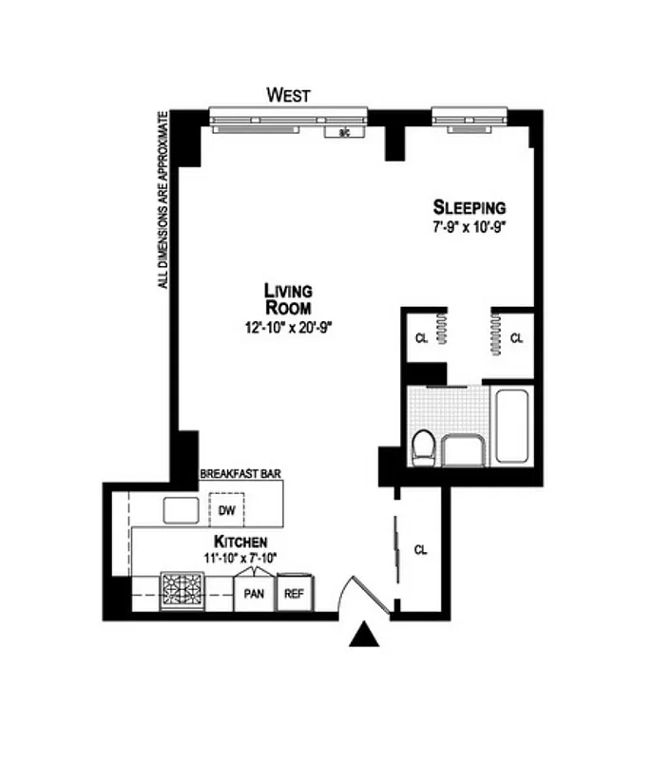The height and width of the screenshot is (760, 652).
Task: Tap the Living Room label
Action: pyautogui.click(x=288, y=298)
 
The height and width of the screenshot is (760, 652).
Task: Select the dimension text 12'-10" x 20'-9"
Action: pyautogui.click(x=288, y=327)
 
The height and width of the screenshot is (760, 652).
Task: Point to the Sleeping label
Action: pyautogui.click(x=470, y=207)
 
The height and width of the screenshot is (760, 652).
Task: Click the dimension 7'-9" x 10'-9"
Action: pyautogui.click(x=470, y=228)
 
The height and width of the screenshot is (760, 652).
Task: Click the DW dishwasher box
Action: pyautogui.click(x=226, y=510)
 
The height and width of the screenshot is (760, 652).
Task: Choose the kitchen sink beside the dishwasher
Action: pyautogui.click(x=180, y=510)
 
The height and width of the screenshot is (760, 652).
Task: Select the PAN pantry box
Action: pyautogui.click(x=253, y=594)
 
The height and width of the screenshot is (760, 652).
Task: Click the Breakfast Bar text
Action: pyautogui.click(x=240, y=472)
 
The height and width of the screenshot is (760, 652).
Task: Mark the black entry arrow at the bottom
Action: pyautogui.click(x=364, y=636)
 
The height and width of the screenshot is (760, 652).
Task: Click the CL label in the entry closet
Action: pyautogui.click(x=421, y=549)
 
